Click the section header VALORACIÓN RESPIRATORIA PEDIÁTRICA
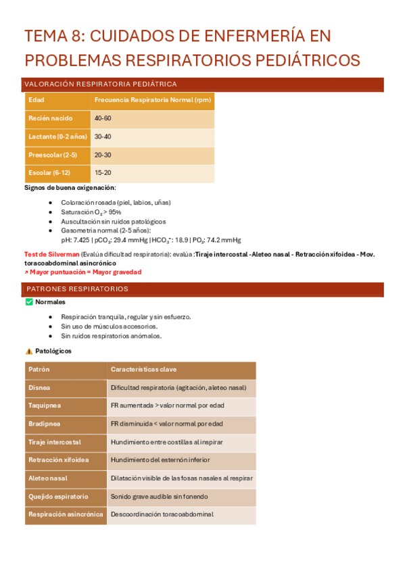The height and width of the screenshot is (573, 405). pos(100,84)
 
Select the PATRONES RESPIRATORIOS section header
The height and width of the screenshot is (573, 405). pos(77,289)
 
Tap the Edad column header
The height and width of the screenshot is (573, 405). pos(36,100)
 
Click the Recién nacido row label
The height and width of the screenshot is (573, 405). pos(50,118)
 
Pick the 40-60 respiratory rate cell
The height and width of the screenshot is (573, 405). pos(103,118)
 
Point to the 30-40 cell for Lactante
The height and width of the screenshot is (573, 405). pos(103,136)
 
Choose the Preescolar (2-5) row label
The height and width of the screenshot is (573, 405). pos(52,155)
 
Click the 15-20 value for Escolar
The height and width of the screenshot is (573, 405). pos(103,173)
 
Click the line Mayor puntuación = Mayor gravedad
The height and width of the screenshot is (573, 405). pos(84,272)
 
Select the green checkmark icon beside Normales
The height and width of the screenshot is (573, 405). pos(28,302)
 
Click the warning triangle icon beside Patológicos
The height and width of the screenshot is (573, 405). pos(28,351)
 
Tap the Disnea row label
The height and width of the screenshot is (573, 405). pos(39,388)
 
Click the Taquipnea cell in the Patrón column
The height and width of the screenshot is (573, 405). pos(44,405)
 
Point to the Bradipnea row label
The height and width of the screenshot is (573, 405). pos(44,424)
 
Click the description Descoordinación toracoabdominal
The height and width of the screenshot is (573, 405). pos(162,514)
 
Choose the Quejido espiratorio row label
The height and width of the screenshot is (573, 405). pos(58,496)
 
